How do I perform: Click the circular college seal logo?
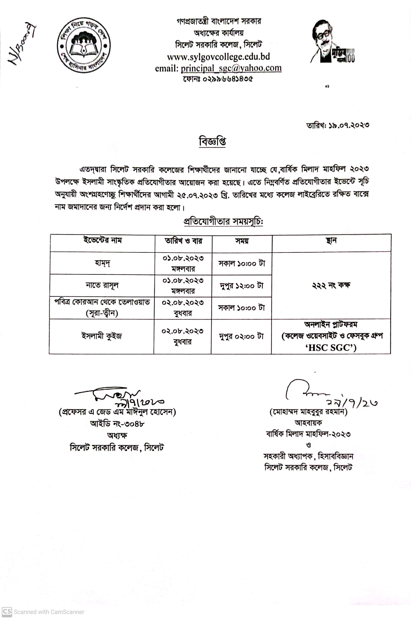84,45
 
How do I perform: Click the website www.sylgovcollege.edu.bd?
218,57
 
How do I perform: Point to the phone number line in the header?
218,79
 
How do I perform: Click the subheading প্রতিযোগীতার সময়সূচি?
223,222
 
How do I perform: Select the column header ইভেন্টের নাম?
103,240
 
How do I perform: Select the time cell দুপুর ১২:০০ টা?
241,286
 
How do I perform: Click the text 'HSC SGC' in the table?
331,348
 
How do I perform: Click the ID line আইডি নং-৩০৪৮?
117,423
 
